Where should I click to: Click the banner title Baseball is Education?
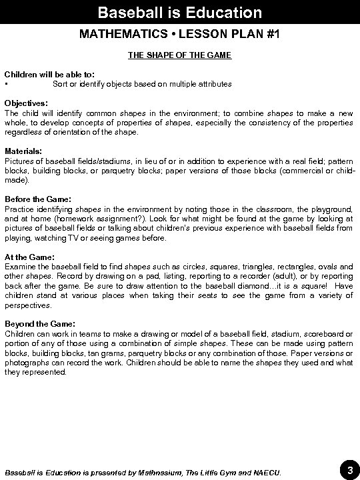(179, 12)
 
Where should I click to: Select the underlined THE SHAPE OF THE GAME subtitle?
(179, 55)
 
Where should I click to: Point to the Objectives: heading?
(26, 104)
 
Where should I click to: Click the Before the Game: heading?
(37, 199)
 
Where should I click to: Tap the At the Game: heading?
(29, 257)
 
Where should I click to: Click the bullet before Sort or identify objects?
(7, 85)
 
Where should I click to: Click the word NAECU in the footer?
(267, 473)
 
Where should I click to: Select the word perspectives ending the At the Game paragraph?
(27, 305)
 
